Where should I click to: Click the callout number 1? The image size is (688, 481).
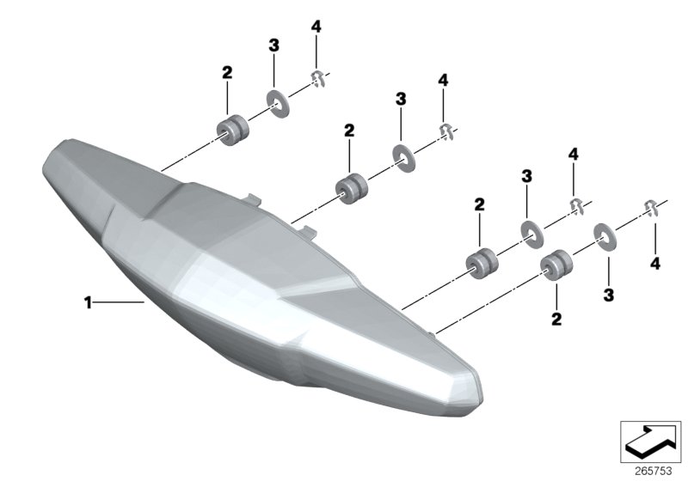(x=89, y=302)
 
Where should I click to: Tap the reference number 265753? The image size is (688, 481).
(x=654, y=471)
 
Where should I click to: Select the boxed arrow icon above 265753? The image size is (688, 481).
(x=650, y=441)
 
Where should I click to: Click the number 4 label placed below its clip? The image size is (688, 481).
(x=655, y=264)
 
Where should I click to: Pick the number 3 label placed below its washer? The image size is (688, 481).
(x=609, y=295)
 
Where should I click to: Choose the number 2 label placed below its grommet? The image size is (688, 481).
(x=556, y=319)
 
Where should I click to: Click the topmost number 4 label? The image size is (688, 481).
(x=316, y=27)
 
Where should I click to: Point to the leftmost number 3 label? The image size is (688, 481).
(x=273, y=46)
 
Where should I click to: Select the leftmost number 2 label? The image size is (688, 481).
(x=227, y=72)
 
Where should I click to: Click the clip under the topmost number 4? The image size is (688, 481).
(x=319, y=79)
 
